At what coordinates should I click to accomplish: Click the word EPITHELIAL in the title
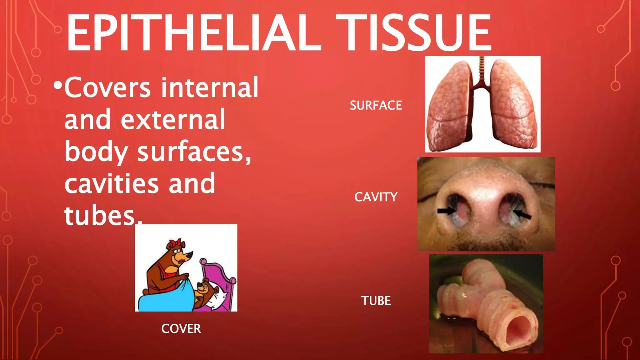(194, 33)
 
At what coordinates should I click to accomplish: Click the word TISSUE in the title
(414, 33)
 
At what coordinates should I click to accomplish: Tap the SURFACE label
(376, 106)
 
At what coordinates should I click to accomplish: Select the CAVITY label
(376, 197)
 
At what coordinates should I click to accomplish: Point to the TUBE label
(376, 301)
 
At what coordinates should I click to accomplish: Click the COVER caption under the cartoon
(181, 329)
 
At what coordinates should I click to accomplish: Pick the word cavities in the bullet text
(112, 184)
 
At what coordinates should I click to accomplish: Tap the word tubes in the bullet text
(99, 216)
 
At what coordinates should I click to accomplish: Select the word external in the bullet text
(173, 120)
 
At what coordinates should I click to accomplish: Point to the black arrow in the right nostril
(522, 215)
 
